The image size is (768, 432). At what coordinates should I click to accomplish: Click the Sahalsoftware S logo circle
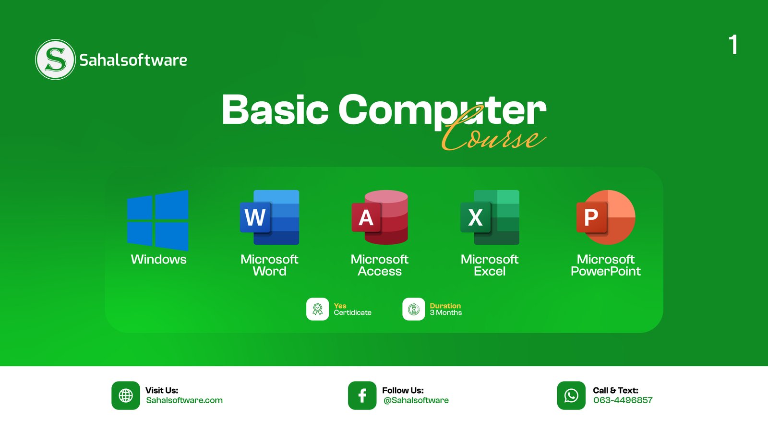click(x=55, y=60)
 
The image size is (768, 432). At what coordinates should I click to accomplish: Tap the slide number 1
click(x=733, y=45)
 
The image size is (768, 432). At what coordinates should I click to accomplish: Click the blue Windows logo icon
click(x=158, y=220)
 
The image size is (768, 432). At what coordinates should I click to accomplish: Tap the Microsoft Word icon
click(x=269, y=217)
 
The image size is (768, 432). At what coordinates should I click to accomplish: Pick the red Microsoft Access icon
click(x=380, y=217)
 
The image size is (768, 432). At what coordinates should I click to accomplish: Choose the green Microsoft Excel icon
click(x=490, y=217)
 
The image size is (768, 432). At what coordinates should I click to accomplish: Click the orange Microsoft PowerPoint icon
click(x=606, y=217)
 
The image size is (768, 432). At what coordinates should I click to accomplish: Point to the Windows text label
click(x=158, y=260)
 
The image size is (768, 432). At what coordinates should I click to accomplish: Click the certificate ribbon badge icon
click(x=317, y=309)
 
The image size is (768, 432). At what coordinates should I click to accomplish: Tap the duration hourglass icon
click(x=413, y=309)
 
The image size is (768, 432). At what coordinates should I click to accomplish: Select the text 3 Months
click(x=446, y=312)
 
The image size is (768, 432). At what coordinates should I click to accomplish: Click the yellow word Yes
click(x=340, y=306)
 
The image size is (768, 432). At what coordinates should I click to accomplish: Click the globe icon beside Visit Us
click(x=125, y=396)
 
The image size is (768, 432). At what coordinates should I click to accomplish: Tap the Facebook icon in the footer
click(x=362, y=396)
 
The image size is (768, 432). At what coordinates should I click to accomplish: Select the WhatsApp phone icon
click(x=571, y=396)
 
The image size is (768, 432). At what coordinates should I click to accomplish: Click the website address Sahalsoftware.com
click(x=184, y=400)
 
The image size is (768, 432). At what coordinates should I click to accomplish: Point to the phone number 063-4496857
click(x=623, y=400)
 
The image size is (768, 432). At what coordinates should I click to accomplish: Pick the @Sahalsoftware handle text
click(x=416, y=400)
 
